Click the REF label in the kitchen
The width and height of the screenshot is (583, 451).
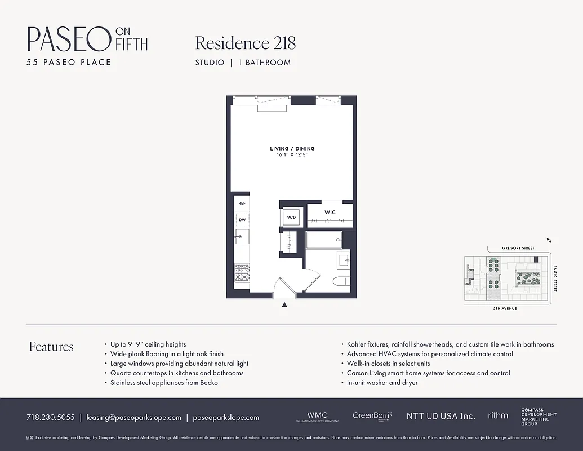[242, 203]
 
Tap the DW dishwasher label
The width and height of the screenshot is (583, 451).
[242, 220]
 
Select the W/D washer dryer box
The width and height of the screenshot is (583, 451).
[292, 217]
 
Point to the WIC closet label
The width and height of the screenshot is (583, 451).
[330, 213]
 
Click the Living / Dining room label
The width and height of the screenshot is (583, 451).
[292, 149]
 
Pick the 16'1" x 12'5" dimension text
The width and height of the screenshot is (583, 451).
[292, 154]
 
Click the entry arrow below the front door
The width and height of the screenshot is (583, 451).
[284, 305]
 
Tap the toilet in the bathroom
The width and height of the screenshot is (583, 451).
[342, 281]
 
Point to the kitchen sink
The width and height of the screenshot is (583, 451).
[242, 236]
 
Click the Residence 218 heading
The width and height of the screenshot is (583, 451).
[245, 43]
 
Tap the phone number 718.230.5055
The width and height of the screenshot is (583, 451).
[50, 418]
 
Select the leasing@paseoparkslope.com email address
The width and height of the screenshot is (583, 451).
[133, 418]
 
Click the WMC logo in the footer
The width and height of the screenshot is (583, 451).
[317, 416]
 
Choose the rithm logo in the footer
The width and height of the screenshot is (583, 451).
[498, 415]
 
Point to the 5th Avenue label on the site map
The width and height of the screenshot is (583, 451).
[505, 309]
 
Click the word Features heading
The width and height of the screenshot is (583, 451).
[51, 347]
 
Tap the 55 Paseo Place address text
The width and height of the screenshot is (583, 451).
[69, 62]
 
